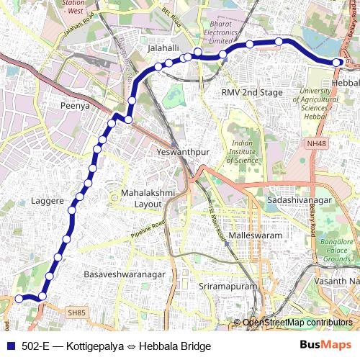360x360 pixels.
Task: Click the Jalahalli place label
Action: tap(163, 48)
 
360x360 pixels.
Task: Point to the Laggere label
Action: tap(48, 201)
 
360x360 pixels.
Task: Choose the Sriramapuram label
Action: tap(227, 286)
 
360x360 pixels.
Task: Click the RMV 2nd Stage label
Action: tap(251, 93)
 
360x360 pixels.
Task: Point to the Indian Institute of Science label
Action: tap(243, 151)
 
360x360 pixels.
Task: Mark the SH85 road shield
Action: tap(76, 312)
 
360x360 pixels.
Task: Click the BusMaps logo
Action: tap(325, 345)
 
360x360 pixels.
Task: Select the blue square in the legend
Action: tap(10, 346)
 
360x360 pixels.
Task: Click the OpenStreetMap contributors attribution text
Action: tap(297, 323)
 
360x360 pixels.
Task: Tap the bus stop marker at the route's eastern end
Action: tap(337, 63)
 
